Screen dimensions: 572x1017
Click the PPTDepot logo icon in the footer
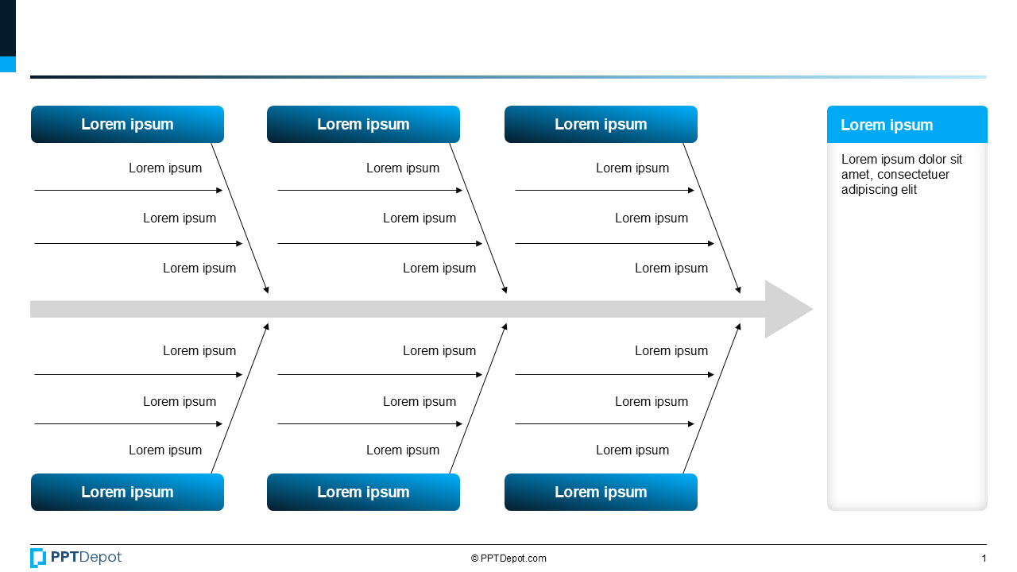tap(38, 558)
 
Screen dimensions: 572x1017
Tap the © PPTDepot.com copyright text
tap(508, 558)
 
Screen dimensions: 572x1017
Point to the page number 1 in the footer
tap(984, 558)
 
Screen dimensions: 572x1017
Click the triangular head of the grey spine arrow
tap(787, 309)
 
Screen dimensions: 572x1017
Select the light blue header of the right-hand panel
tap(907, 125)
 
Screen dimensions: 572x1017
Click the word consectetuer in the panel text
tap(913, 175)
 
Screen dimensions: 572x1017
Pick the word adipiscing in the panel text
tap(868, 190)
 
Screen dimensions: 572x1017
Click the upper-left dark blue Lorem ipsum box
tap(127, 125)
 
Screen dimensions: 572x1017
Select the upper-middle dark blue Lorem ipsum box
tap(363, 125)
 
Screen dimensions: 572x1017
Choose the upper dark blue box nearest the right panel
tap(601, 125)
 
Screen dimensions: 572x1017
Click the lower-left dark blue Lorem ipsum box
tap(127, 492)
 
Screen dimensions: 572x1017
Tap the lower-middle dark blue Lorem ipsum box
tap(363, 492)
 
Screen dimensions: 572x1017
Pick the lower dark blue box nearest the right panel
tap(601, 492)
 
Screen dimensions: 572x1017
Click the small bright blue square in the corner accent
tap(7, 64)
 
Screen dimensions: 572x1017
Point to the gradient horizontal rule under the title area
tap(508, 77)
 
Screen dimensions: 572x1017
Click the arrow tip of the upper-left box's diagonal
tap(267, 292)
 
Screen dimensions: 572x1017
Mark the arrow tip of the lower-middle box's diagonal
tap(505, 326)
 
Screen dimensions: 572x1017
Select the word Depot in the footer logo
tap(100, 558)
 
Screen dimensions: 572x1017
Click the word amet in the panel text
tap(856, 175)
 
